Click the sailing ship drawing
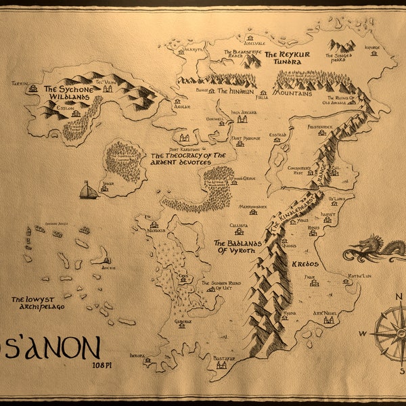88,191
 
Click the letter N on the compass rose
399,296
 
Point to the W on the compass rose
363,333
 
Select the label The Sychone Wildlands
67,93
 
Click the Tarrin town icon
32,88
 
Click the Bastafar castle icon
221,365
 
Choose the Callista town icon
239,231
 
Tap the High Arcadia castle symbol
242,119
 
